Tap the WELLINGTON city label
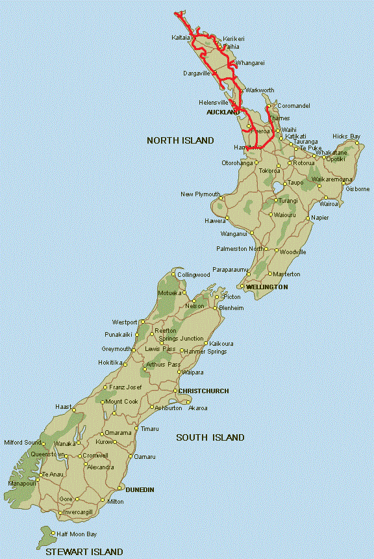tap(267, 287)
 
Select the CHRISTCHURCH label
tap(203, 391)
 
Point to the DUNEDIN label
tap(140, 489)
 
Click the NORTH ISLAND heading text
tap(180, 140)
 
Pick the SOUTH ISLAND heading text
tap(210, 437)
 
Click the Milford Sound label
tap(22, 443)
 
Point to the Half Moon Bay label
tap(77, 534)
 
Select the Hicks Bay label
tap(346, 136)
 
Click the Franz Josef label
tap(125, 387)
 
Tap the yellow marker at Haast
tap(75, 410)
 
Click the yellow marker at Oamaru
tap(131, 457)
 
